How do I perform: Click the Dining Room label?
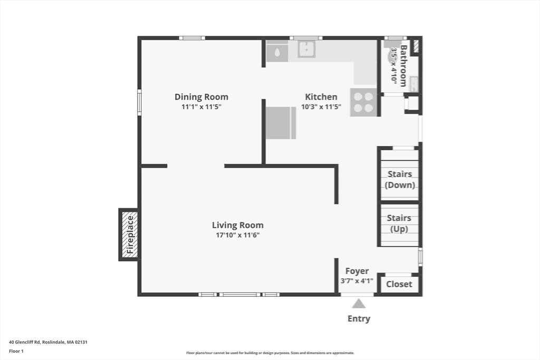[x=201, y=97]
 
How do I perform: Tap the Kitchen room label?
[x=321, y=97]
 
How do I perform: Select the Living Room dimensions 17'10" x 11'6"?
[x=238, y=235]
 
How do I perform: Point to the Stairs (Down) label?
[x=400, y=179]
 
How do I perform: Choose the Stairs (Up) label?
[x=399, y=223]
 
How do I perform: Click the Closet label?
[x=399, y=284]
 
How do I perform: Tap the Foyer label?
[x=357, y=271]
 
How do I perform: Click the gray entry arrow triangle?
[x=359, y=304]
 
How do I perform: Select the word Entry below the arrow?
[x=359, y=319]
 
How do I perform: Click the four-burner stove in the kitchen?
[x=363, y=103]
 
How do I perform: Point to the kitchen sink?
[x=306, y=49]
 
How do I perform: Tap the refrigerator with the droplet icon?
[x=277, y=51]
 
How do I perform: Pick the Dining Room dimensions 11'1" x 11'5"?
[x=201, y=106]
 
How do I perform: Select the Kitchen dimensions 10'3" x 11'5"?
[x=321, y=106]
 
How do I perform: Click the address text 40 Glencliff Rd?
[x=24, y=342]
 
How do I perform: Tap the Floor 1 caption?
[x=16, y=351]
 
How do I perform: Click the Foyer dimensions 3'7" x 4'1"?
[x=357, y=281]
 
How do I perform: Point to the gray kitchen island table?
[x=281, y=123]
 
